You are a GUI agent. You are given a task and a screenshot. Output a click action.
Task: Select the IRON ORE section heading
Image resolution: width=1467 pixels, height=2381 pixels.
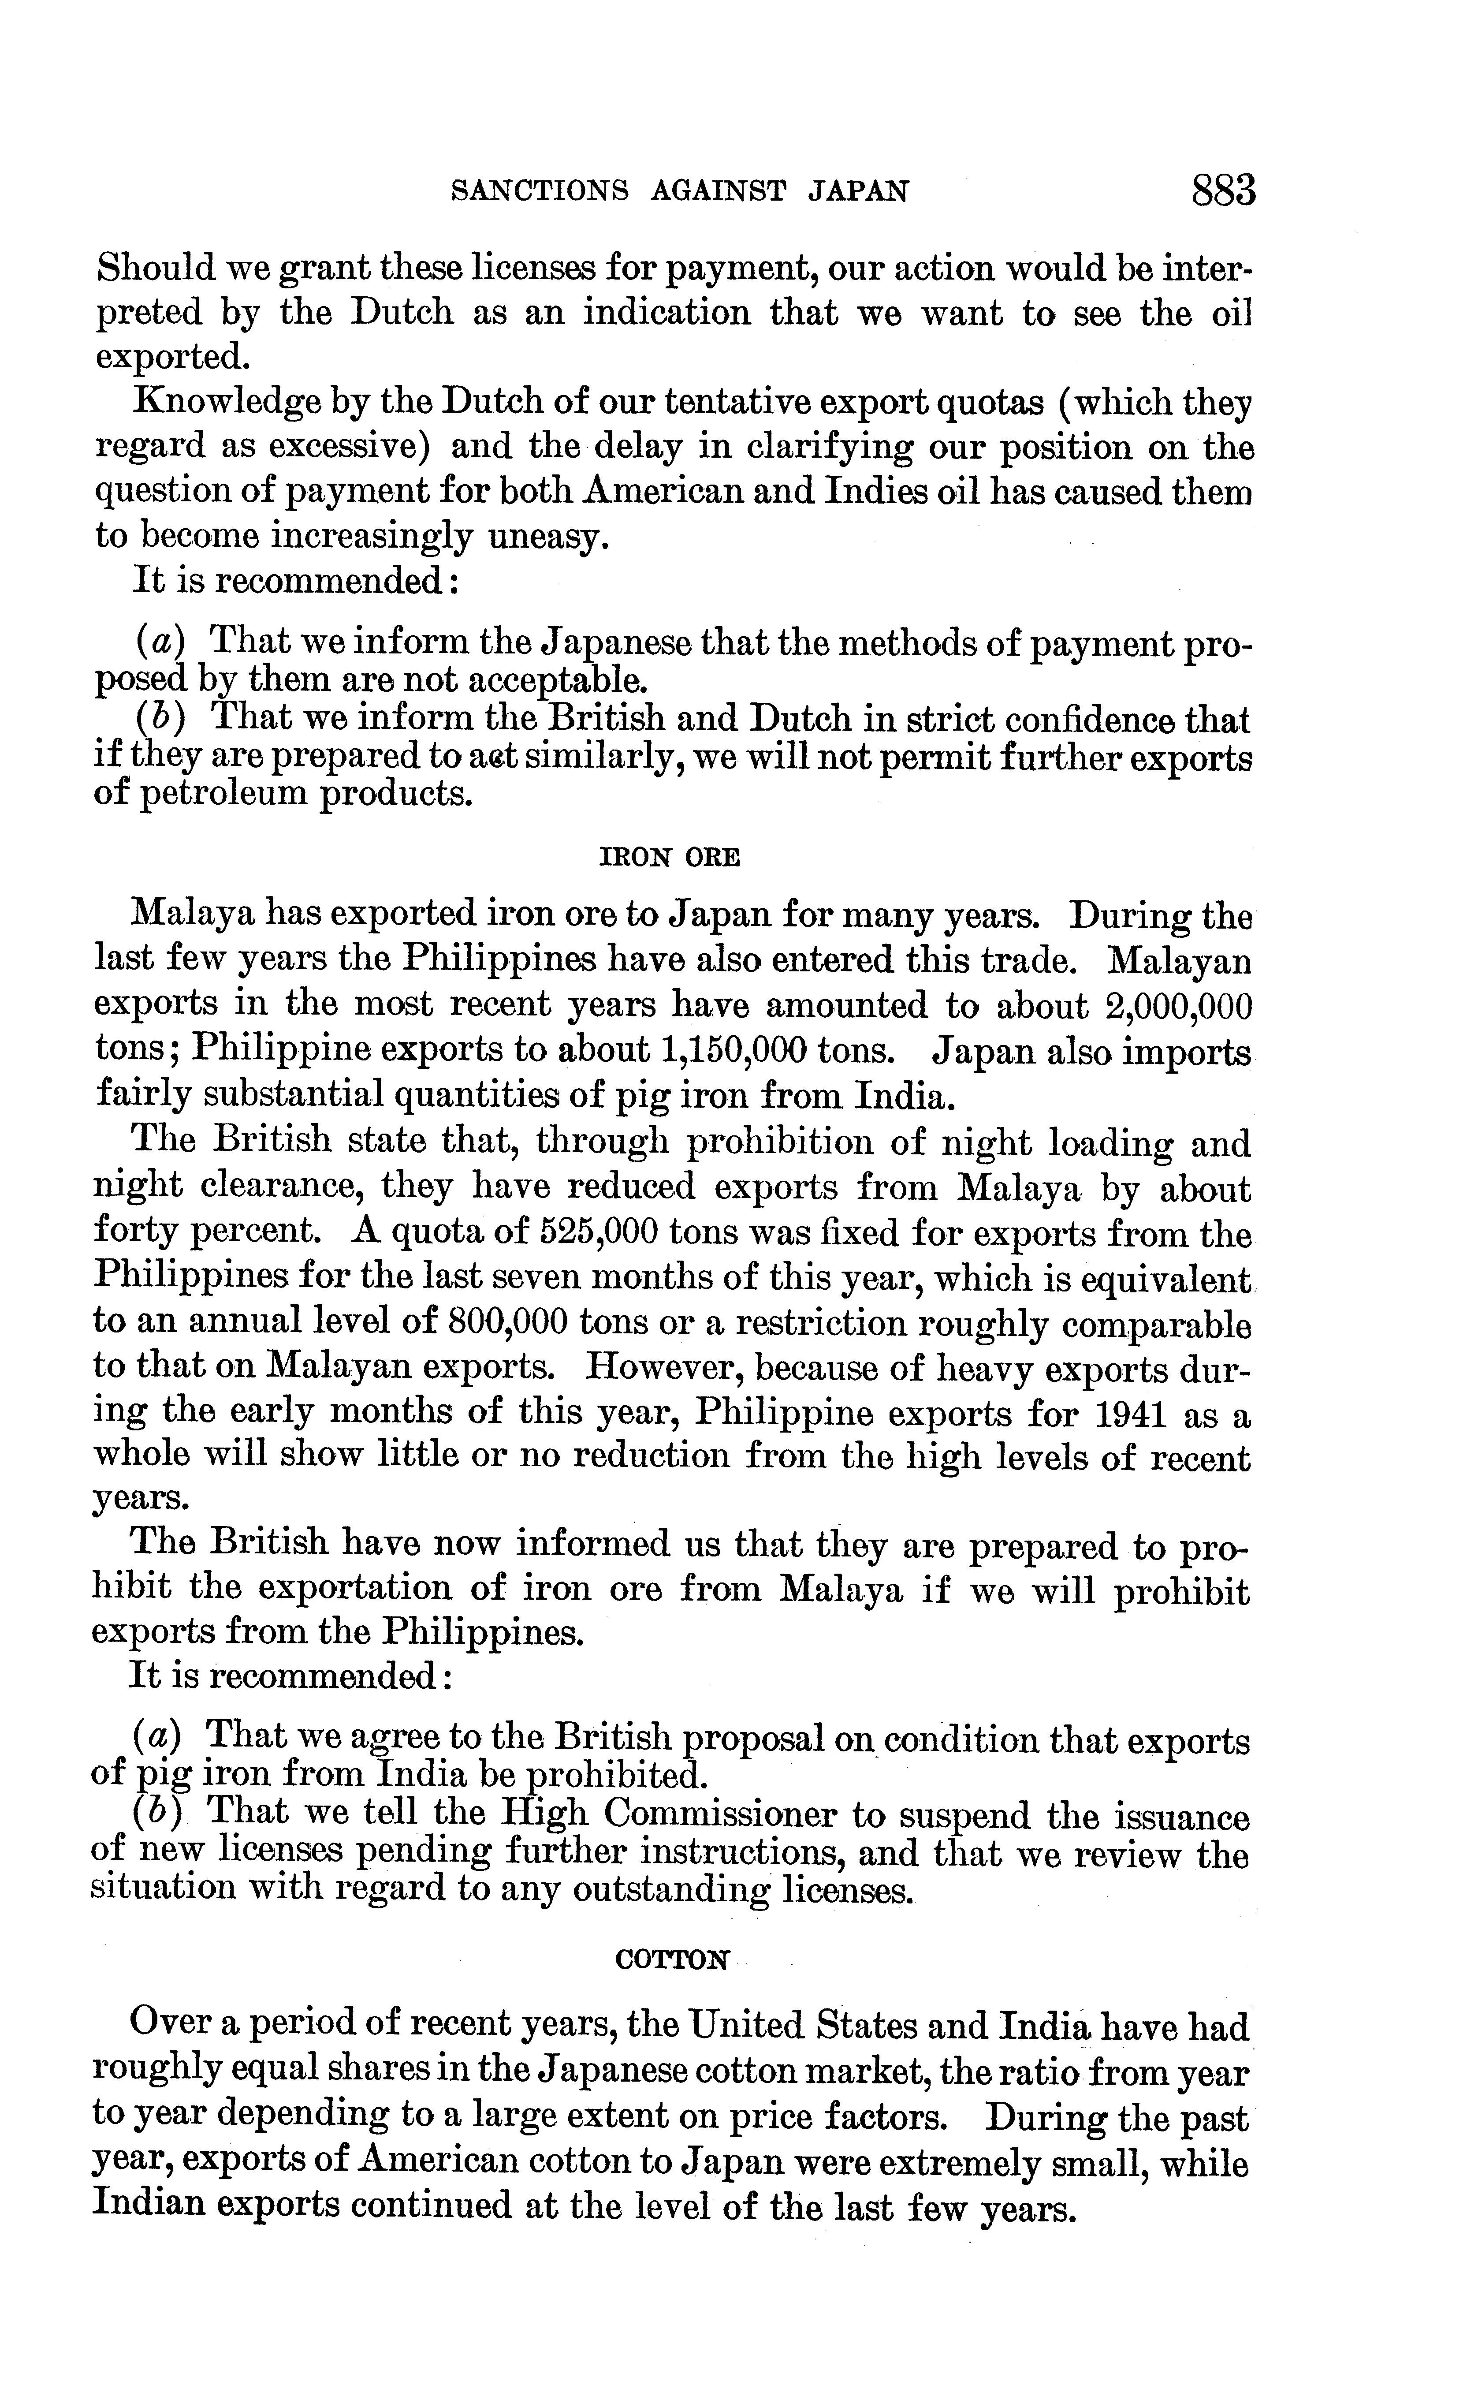(671, 858)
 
